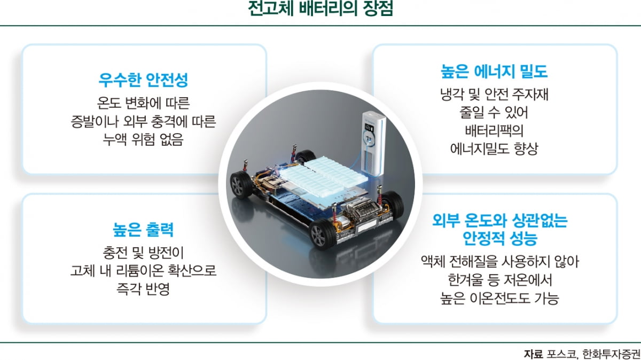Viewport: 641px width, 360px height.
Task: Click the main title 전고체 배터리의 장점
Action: point(320,10)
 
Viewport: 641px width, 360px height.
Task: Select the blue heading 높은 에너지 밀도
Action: point(495,72)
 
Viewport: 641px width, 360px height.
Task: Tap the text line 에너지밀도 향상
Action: point(495,148)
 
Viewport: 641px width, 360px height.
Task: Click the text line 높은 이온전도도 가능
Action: point(495,298)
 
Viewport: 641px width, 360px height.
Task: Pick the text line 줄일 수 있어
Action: point(495,113)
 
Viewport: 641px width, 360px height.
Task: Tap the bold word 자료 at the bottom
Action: point(533,354)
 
